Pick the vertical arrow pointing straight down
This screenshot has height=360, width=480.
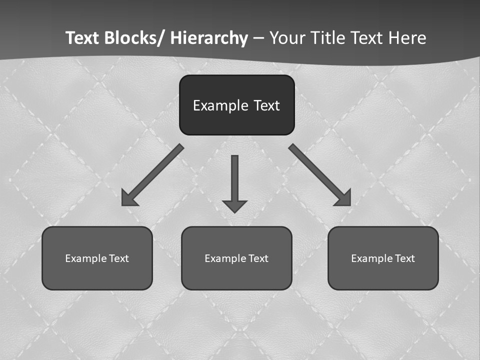(234, 180)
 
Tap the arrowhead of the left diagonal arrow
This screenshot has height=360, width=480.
(129, 198)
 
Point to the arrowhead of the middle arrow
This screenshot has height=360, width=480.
(234, 206)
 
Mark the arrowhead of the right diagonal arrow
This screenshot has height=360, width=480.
(343, 198)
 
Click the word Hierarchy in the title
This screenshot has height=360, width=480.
(209, 38)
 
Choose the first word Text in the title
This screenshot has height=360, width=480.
(82, 38)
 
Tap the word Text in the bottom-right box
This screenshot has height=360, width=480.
(405, 258)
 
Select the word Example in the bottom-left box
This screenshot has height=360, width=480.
(85, 258)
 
